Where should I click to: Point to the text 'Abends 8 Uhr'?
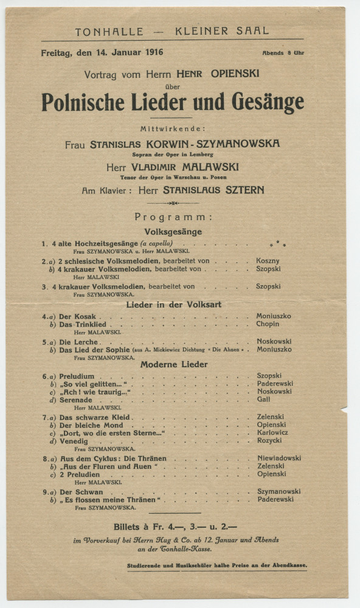pyautogui.click(x=283, y=54)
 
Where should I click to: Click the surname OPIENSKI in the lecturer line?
pyautogui.click(x=236, y=74)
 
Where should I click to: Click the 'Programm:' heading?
pyautogui.click(x=173, y=217)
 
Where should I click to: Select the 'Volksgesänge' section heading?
pyautogui.click(x=173, y=232)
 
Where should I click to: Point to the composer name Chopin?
pyautogui.click(x=268, y=324)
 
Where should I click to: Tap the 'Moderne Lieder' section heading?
pyautogui.click(x=174, y=364)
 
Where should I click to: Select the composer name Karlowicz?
pyautogui.click(x=273, y=434)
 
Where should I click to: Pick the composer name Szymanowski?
pyautogui.click(x=279, y=491)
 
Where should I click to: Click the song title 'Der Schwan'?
pyautogui.click(x=81, y=491)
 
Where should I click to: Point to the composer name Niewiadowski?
pyautogui.click(x=279, y=458)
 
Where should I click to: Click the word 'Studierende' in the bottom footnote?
pyautogui.click(x=147, y=566)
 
